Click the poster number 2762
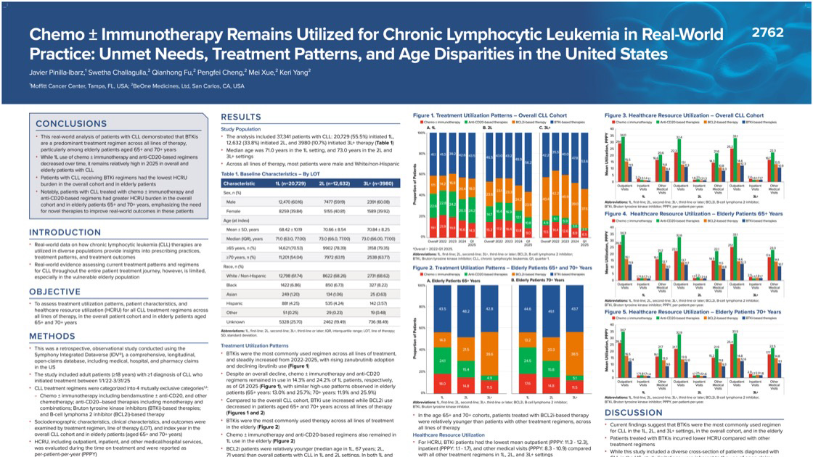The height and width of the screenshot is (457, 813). tap(768, 33)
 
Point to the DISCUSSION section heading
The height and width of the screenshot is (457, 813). tap(634, 413)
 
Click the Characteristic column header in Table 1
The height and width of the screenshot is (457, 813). tap(239, 184)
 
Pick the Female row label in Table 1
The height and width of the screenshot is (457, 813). tap(234, 210)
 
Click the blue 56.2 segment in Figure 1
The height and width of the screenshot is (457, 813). tap(528, 162)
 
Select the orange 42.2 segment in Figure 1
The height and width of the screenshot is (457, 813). tap(555, 194)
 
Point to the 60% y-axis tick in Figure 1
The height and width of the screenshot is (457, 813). tap(422, 175)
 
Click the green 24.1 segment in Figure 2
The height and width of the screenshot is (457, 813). tap(443, 360)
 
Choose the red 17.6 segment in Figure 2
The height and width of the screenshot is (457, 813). tap(528, 383)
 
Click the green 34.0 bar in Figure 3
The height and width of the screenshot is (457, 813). tap(623, 136)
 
